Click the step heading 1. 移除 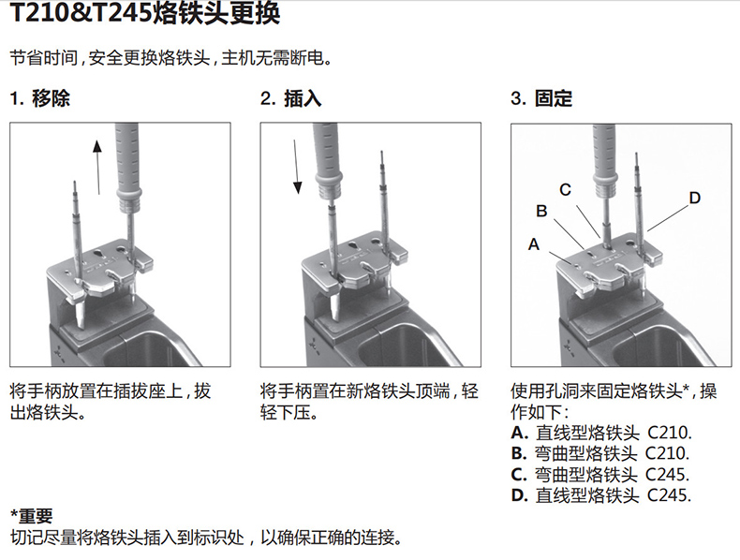40,98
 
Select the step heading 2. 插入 290,98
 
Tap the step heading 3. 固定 541,98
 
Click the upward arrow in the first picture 97,167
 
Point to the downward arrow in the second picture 296,167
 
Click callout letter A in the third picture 534,244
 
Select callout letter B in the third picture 541,211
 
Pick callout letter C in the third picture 566,190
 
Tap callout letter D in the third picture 695,198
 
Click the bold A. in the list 519,433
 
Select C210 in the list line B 667,453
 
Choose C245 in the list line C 667,474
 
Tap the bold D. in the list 519,495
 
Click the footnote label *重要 31,516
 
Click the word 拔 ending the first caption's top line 202,391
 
